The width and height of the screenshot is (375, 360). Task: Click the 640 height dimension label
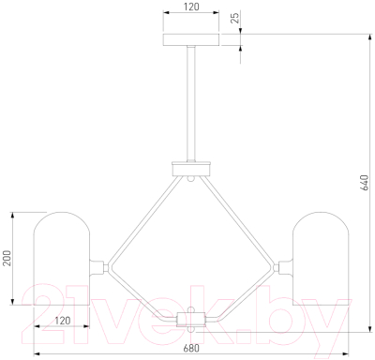pyautogui.click(x=364, y=183)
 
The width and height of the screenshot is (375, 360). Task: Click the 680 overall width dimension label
pyautogui.click(x=190, y=348)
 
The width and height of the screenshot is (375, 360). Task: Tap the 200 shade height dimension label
pyautogui.click(x=7, y=258)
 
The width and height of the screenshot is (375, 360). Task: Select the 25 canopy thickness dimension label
pyautogui.click(x=236, y=18)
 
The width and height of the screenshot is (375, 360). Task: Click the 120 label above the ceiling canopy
pyautogui.click(x=190, y=7)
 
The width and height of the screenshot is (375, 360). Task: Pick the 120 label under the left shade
pyautogui.click(x=63, y=321)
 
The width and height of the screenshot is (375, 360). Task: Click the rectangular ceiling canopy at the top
pyautogui.click(x=191, y=39)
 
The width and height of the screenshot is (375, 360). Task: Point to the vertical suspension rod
pyautogui.click(x=191, y=103)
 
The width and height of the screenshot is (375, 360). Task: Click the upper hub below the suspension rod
pyautogui.click(x=191, y=169)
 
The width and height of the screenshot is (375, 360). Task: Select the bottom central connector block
pyautogui.click(x=191, y=320)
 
